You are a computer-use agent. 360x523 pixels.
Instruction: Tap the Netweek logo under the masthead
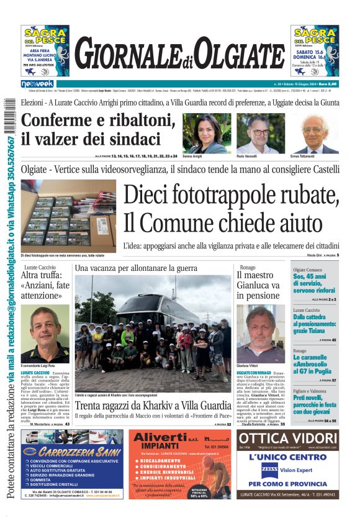point(37,84)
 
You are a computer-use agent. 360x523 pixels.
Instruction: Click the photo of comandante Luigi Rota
point(45,332)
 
